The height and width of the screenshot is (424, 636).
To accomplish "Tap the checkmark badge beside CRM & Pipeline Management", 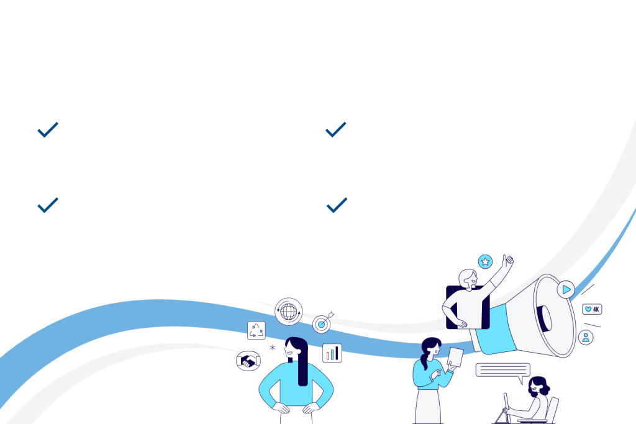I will click(48, 129).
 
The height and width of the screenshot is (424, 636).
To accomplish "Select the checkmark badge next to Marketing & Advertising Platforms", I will click(336, 129).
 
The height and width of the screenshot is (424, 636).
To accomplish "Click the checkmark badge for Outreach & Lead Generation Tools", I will click(48, 204).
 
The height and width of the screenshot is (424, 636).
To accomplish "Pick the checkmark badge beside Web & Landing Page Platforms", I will click(337, 204).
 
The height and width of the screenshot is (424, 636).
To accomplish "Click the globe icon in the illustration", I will click(288, 312).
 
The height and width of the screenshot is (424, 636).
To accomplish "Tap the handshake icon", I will click(248, 360).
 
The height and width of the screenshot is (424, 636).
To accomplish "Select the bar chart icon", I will click(332, 353).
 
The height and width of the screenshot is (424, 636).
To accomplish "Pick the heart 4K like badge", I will click(591, 309).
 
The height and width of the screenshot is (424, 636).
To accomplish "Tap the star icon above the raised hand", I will click(485, 262).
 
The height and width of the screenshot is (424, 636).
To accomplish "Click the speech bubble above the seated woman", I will click(502, 371).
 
